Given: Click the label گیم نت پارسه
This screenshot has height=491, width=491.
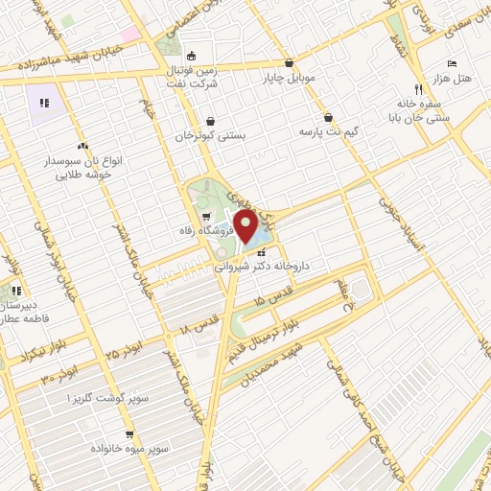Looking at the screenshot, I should coord(328,129).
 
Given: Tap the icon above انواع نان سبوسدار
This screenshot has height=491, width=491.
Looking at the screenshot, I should coord(82,146).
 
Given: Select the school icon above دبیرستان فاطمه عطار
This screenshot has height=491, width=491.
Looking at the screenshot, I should coord(15,291).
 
